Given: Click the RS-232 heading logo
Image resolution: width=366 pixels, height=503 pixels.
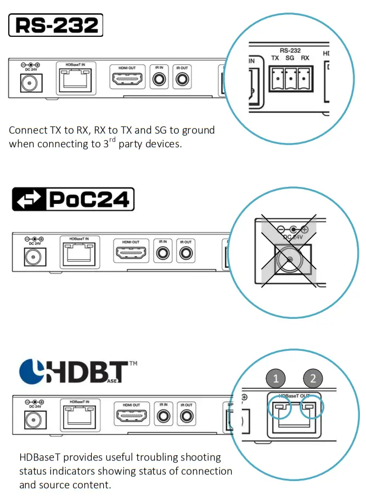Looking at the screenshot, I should click(x=55, y=25).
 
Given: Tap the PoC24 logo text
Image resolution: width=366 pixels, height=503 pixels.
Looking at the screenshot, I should click(x=89, y=199).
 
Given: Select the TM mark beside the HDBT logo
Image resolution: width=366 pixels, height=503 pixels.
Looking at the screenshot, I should click(x=133, y=364).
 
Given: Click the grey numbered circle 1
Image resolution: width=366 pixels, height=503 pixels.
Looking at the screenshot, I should click(x=276, y=378).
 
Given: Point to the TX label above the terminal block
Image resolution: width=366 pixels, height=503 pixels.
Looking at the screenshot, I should click(x=275, y=58).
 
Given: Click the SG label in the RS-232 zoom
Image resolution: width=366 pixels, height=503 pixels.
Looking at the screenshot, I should click(x=290, y=58).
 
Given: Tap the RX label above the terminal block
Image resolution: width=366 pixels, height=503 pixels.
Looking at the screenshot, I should click(x=305, y=58).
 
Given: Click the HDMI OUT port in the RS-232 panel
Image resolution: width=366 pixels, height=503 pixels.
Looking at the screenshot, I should click(x=128, y=80).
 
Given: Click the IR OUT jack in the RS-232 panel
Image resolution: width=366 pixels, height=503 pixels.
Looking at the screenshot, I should click(x=182, y=80).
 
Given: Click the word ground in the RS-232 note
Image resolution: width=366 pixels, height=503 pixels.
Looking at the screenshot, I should click(x=196, y=130).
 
